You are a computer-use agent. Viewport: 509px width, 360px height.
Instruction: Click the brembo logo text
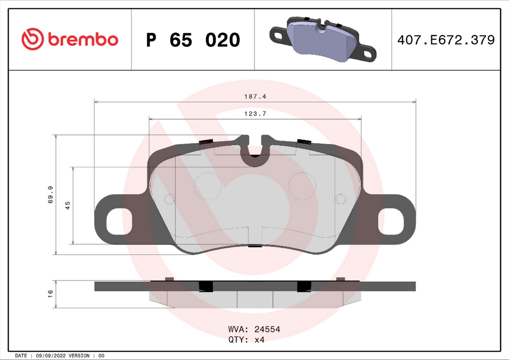tap(83, 39)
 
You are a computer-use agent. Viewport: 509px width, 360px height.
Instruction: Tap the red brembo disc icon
tap(32, 39)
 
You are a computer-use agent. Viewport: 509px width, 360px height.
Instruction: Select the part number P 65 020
tap(193, 40)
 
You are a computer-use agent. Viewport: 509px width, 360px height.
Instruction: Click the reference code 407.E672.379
tap(446, 40)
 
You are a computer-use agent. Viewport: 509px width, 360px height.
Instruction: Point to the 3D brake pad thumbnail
tap(322, 39)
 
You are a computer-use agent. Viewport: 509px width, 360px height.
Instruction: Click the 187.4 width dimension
tap(255, 96)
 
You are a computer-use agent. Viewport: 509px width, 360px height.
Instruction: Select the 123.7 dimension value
tap(255, 113)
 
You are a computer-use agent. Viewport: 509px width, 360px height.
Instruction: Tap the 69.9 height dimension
tap(50, 195)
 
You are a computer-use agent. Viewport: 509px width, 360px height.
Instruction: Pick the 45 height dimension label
tap(68, 205)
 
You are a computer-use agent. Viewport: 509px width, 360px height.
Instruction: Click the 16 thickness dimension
tap(50, 294)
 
